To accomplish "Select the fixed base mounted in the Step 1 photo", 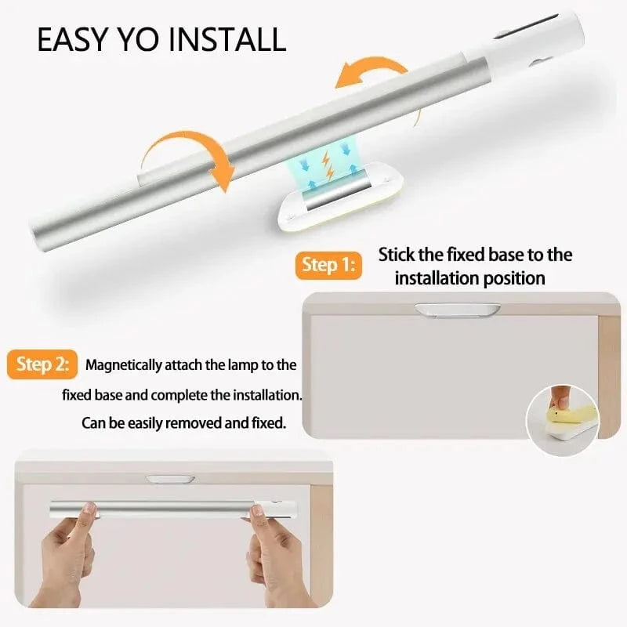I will point(457,310).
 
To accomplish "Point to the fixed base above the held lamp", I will point(170,478).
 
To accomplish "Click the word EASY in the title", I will point(74,39).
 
